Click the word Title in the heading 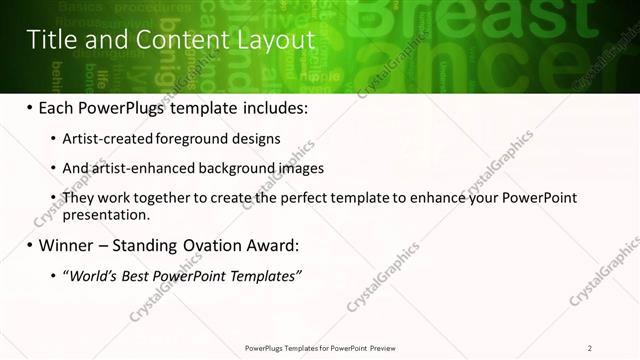click(51, 39)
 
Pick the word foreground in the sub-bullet click(196, 139)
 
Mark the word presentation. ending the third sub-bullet click(107, 214)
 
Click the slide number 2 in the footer click(590, 348)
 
